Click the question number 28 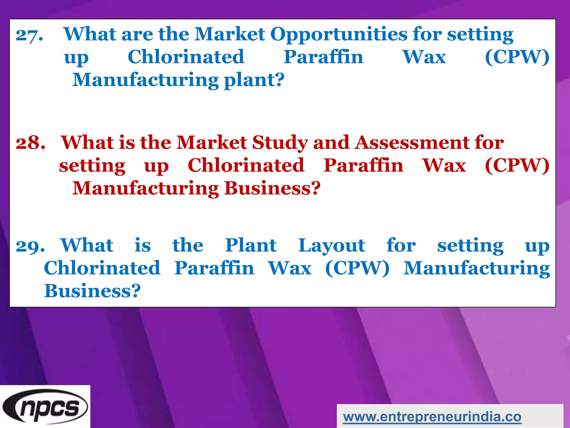coord(30,143)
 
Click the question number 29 coord(30,246)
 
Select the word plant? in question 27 coord(254,80)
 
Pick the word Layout coord(331,245)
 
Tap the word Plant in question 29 coord(251,245)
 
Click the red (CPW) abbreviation coord(517,166)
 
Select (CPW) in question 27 coord(517,57)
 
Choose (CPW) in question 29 coord(357,268)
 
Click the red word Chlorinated coord(246,166)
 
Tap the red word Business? coord(272,188)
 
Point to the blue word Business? coord(92,291)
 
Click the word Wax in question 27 coord(424,57)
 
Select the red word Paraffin coord(363,166)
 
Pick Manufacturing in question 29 coord(476,268)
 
